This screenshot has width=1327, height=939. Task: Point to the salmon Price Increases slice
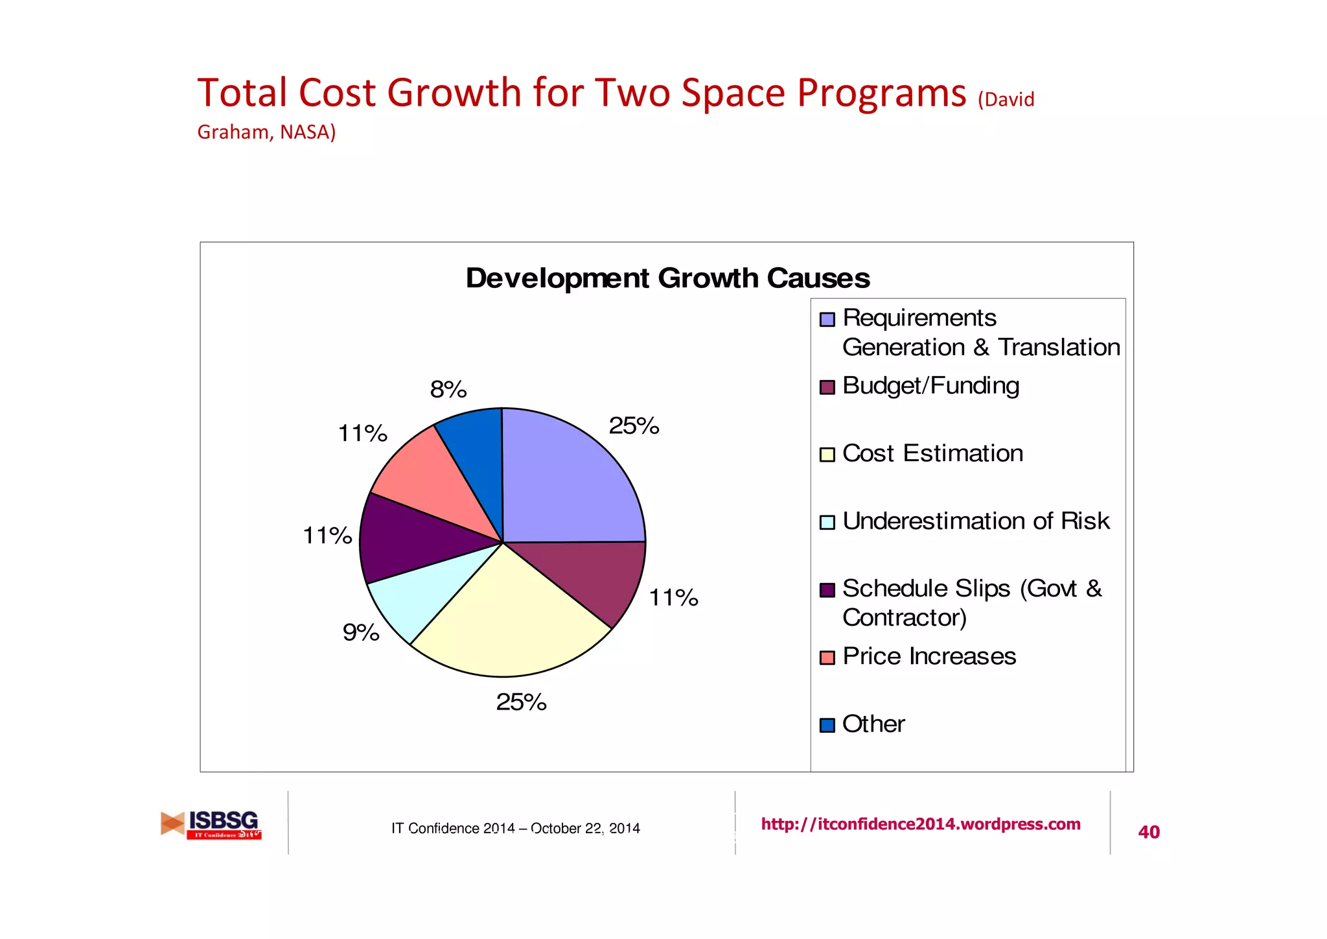point(431,480)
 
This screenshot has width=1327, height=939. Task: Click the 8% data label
point(448,390)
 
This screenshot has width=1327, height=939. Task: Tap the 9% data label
point(361,632)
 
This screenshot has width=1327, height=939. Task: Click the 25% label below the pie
point(521,702)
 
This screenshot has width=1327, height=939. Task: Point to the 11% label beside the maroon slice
point(673,597)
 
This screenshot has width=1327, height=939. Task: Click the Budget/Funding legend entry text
point(930,386)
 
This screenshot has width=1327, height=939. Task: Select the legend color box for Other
point(827,725)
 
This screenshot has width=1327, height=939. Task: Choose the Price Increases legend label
point(929,656)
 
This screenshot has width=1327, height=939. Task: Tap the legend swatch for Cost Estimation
point(827,455)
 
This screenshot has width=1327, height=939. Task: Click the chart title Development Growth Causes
point(667,278)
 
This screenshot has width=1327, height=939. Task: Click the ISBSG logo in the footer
point(211,825)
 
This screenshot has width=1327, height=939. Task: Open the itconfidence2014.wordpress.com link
point(920,824)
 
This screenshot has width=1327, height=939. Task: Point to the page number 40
point(1148,832)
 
